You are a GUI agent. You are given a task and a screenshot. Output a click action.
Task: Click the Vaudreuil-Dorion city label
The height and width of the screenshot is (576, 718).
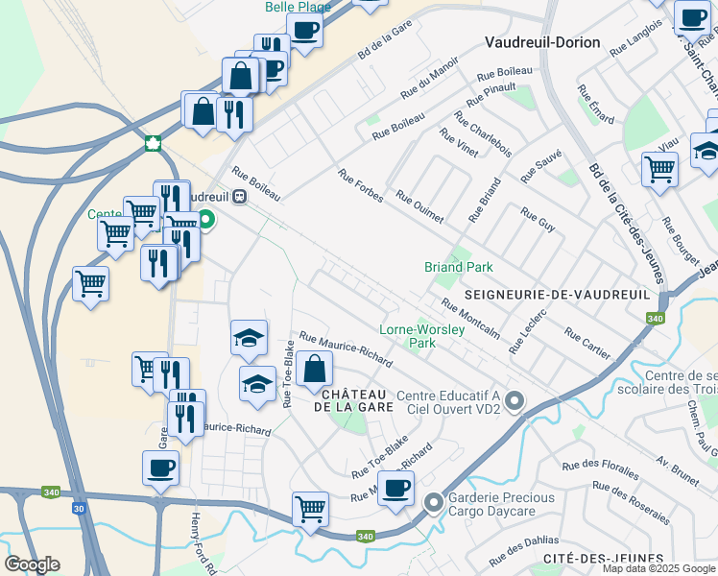click(x=542, y=42)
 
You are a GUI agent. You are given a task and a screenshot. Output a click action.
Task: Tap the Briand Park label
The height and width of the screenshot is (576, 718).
click(x=458, y=267)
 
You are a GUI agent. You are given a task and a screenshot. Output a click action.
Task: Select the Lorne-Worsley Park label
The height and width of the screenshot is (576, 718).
click(x=422, y=335)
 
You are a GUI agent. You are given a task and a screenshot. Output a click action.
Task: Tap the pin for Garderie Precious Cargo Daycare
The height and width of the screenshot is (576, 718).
click(x=434, y=501)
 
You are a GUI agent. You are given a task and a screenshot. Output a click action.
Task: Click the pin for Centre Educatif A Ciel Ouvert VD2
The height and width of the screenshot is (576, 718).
click(x=515, y=401)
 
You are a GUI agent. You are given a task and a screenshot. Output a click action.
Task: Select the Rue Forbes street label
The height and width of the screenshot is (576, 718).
click(x=361, y=186)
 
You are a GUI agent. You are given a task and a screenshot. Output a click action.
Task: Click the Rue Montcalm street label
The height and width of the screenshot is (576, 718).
click(x=470, y=318)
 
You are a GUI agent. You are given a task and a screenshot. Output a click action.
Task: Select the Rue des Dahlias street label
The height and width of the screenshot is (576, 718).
click(x=523, y=550)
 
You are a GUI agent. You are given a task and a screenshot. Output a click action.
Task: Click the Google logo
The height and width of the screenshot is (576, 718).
click(x=32, y=564)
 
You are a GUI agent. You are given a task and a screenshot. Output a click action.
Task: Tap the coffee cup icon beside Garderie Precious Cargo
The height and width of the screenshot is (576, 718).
click(x=395, y=489)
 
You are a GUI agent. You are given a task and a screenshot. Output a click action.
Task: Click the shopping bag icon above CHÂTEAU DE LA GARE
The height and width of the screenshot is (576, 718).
click(x=314, y=369)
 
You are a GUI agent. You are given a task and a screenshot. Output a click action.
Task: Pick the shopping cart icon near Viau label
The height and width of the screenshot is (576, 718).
click(x=659, y=169)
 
